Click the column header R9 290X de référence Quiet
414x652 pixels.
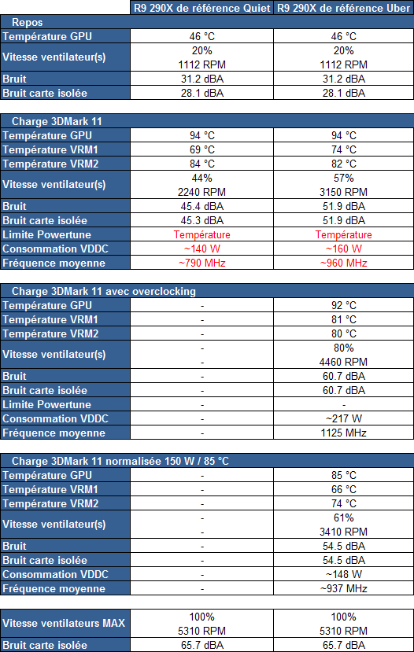click(x=201, y=9)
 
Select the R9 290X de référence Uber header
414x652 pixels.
click(x=344, y=9)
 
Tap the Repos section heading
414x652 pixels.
click(x=28, y=23)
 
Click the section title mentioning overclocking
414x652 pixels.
click(x=104, y=291)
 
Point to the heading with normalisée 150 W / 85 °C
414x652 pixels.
click(x=120, y=461)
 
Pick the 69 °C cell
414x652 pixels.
click(x=201, y=149)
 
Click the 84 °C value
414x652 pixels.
click(x=201, y=164)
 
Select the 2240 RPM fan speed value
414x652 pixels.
click(x=201, y=192)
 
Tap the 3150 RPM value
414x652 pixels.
click(x=344, y=192)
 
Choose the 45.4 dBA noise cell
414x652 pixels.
click(x=201, y=206)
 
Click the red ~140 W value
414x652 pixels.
click(x=201, y=249)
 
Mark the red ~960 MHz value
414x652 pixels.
click(x=344, y=263)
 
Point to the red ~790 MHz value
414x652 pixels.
click(x=201, y=263)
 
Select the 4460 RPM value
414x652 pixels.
click(x=344, y=362)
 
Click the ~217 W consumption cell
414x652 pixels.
click(x=344, y=418)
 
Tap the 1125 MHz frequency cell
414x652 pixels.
click(x=344, y=433)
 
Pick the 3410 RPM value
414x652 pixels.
click(x=344, y=532)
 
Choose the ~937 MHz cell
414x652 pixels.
click(x=344, y=588)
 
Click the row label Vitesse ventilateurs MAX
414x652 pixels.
click(x=64, y=624)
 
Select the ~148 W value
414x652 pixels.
click(x=344, y=574)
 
